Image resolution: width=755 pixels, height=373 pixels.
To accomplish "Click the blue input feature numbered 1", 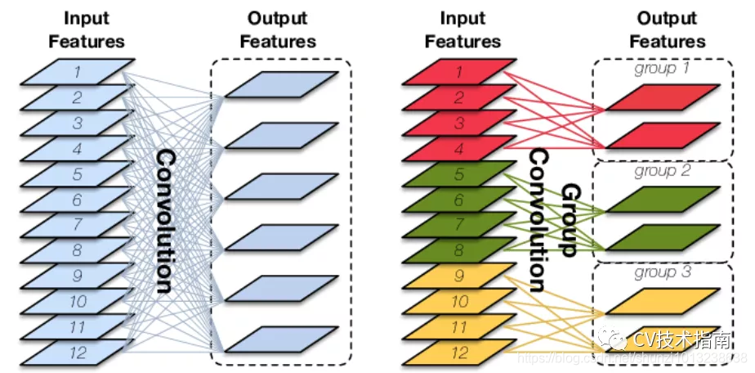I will (78, 72).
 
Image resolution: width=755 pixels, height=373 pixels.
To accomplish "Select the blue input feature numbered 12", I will (78, 353).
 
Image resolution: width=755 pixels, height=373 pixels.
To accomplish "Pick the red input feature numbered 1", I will (459, 72).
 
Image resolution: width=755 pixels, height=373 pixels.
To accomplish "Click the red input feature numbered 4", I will (459, 148).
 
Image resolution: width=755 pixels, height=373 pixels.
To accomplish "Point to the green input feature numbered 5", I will (459, 174).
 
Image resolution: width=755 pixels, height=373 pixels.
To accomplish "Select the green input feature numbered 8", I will (459, 250).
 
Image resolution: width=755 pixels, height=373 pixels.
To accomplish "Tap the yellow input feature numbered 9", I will (459, 276).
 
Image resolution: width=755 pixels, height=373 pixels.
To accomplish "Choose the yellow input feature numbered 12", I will (459, 353).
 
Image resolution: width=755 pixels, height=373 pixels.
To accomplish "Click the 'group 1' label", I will (662, 69).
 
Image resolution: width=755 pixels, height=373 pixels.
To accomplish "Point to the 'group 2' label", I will (662, 171).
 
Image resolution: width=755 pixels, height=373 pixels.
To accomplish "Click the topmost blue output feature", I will (281, 84).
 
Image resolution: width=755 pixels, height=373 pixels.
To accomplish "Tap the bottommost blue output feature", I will (281, 339).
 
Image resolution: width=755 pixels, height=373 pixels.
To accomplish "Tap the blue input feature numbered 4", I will (78, 148).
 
